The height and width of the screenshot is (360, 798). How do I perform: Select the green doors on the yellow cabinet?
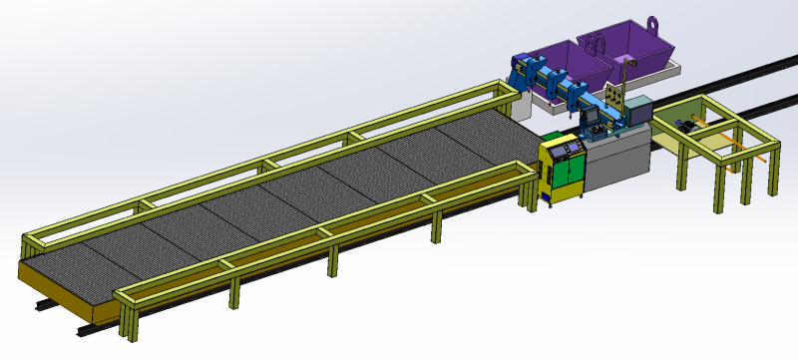point(570,174)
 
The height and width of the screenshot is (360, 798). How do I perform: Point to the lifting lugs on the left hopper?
point(595,43)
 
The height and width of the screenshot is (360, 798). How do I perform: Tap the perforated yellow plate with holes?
point(616,97)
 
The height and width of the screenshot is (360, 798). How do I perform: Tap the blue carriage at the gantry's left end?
point(522,72)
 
